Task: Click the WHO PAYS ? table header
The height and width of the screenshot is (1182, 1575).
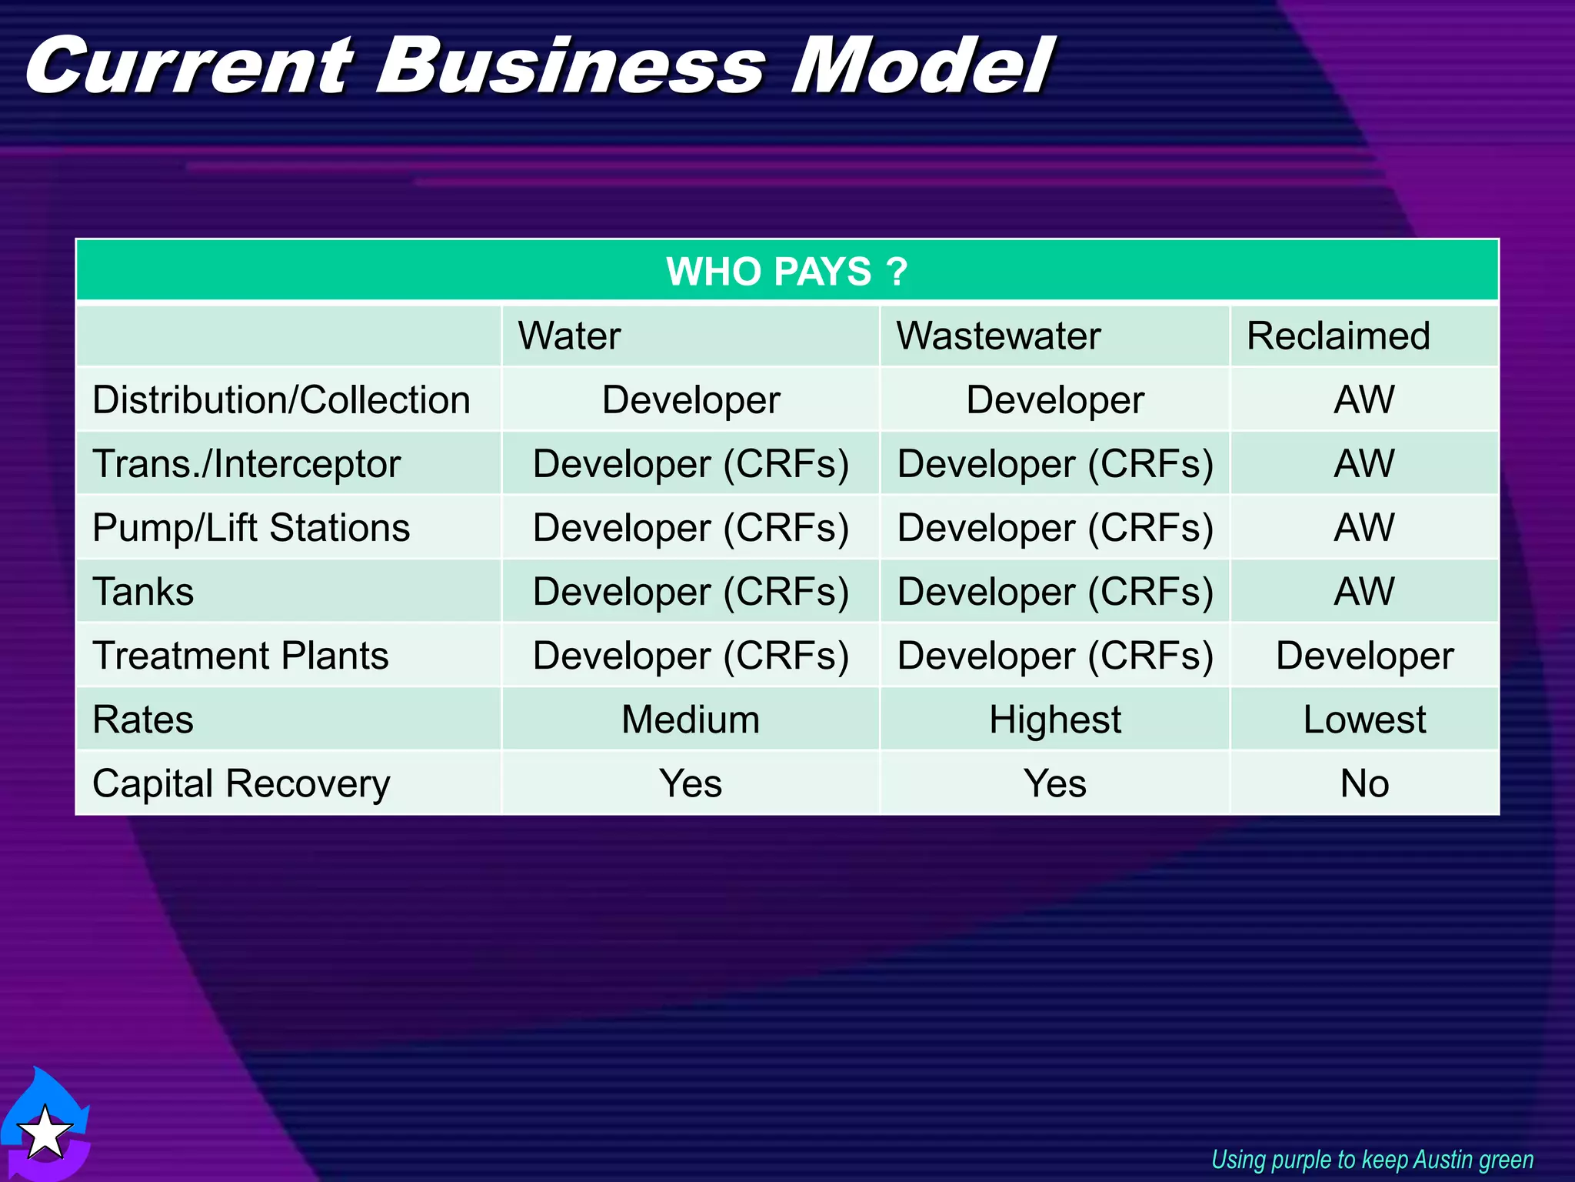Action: pos(787,271)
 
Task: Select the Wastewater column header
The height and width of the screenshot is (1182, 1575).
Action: pos(998,336)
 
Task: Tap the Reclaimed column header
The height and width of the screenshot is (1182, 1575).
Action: pos(1338,336)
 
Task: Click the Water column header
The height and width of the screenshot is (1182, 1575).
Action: pos(569,336)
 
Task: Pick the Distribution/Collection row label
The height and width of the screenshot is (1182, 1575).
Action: pos(281,400)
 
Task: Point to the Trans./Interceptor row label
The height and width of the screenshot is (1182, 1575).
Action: pos(246,464)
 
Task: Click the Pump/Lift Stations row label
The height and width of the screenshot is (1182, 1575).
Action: pos(251,528)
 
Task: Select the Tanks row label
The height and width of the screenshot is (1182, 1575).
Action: pos(143,592)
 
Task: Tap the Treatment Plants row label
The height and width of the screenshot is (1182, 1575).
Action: pos(240,656)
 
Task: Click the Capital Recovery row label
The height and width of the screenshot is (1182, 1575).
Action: pos(241,783)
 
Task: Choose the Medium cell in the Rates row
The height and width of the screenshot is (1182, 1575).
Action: pos(690,720)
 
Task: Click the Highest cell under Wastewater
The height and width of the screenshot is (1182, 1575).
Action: pos(1054,720)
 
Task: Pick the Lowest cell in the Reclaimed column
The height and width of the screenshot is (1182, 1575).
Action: pos(1364,720)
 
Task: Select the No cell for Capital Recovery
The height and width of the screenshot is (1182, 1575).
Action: pos(1364,783)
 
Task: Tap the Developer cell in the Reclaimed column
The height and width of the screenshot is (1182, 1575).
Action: pos(1364,656)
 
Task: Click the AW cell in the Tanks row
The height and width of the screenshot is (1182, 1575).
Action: pos(1364,592)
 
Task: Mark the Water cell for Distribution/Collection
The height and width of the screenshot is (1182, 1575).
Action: pos(690,400)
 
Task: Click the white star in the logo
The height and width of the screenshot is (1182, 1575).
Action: pos(45,1132)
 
